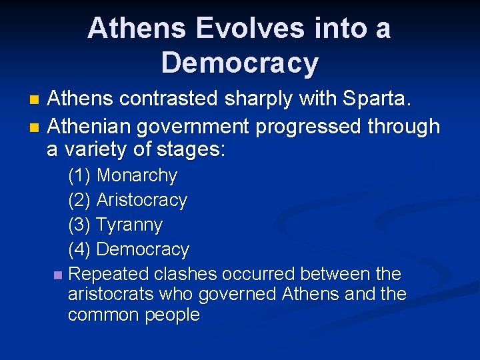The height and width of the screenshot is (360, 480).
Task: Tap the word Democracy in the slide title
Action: point(240,63)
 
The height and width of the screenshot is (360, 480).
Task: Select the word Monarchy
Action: point(137,176)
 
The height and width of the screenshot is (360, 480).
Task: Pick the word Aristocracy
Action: point(141,201)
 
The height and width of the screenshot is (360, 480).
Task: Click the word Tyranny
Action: point(129,225)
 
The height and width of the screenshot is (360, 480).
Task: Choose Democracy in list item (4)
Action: point(143,250)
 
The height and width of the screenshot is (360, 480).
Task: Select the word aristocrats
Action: point(111,295)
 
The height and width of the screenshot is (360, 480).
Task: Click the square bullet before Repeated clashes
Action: point(57,275)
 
